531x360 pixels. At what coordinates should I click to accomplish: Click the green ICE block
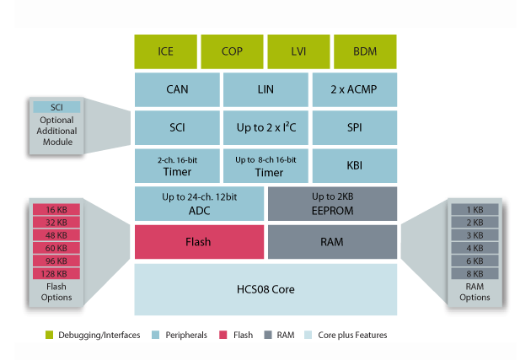tap(166, 52)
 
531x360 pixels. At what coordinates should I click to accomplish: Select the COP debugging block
tap(232, 52)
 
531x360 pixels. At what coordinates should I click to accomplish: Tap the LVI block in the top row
tap(298, 52)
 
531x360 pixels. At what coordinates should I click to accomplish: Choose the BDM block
tap(365, 52)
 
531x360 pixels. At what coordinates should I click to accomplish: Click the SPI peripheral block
tap(354, 128)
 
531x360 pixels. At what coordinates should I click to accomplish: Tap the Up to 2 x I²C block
tap(265, 128)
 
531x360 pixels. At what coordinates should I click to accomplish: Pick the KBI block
tap(354, 166)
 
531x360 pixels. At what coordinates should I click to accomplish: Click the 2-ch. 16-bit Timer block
tap(177, 166)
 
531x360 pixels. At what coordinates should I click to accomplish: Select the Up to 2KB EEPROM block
tap(332, 204)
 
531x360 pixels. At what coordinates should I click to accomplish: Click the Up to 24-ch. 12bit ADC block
tap(199, 204)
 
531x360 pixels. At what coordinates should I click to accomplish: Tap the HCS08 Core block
tap(265, 289)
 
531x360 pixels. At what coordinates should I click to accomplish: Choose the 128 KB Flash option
tap(56, 273)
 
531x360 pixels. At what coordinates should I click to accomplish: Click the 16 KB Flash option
tap(56, 210)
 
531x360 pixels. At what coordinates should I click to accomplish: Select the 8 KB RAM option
tap(475, 273)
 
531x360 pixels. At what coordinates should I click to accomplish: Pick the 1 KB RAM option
tap(475, 210)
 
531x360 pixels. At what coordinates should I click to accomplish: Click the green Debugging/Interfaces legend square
tap(51, 336)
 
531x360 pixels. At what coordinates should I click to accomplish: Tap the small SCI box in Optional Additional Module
tap(56, 107)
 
